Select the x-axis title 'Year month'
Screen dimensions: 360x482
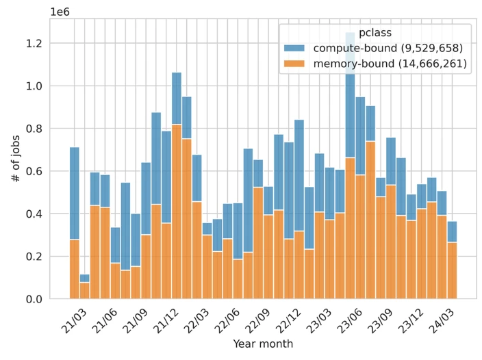pyautogui.click(x=263, y=344)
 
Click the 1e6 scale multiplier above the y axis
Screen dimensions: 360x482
pyautogui.click(x=59, y=10)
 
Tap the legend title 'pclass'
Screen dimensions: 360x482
pyautogui.click(x=375, y=32)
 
